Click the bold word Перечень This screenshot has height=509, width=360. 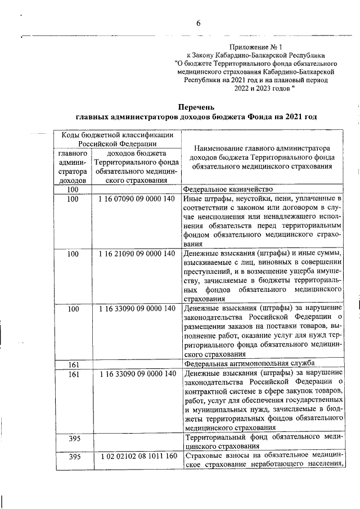tap(196, 107)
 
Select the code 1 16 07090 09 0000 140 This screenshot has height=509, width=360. tap(137, 200)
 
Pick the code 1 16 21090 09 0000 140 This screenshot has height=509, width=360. tap(137, 254)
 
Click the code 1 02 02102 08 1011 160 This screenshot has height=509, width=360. tap(137, 457)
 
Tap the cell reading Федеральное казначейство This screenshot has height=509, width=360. tap(228, 190)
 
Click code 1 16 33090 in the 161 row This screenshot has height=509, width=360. tap(137, 373)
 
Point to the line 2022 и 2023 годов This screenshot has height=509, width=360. tap(264, 88)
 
